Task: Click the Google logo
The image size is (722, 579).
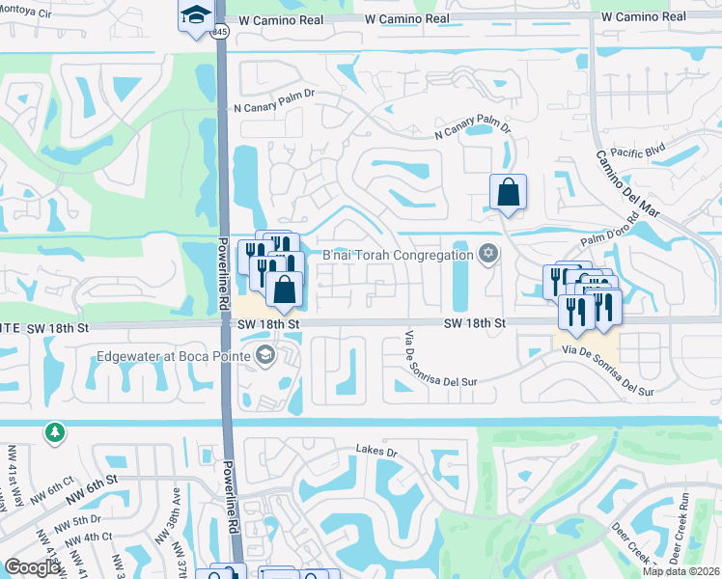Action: [x=33, y=567]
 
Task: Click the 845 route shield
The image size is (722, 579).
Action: [x=221, y=31]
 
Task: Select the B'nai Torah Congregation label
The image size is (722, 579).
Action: [x=397, y=254]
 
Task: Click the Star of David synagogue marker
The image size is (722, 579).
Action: [x=488, y=254]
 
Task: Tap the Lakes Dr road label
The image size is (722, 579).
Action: [x=376, y=451]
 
